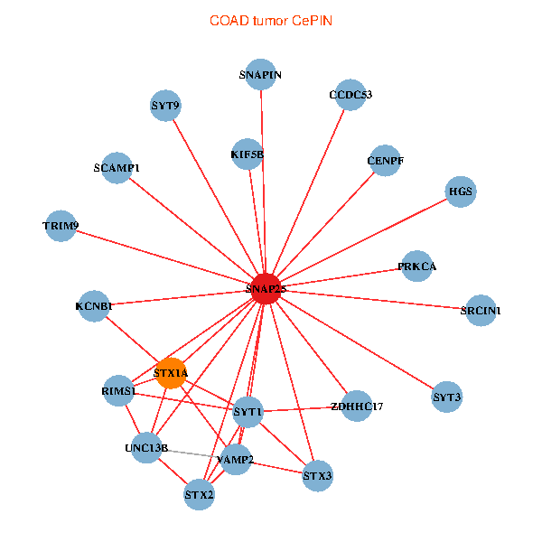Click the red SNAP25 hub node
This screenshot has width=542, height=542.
265,288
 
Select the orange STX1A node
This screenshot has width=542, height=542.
171,372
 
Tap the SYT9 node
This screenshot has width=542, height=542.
165,106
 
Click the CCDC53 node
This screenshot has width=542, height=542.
350,95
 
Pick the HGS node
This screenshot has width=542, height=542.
461,192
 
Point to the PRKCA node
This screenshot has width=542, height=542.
416,266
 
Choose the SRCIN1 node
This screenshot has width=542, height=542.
480,311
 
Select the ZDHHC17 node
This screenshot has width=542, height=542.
357,406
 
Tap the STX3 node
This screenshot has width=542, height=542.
317,475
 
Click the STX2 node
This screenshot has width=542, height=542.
199,494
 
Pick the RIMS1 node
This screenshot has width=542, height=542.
118,391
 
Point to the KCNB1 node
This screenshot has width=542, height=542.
94,306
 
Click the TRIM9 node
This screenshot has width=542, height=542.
61,225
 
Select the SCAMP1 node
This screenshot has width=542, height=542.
117,168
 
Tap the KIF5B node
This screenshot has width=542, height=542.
247,154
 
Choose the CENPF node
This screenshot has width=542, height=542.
385,161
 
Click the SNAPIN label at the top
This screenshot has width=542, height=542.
261,75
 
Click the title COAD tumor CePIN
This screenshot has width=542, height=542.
270,20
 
